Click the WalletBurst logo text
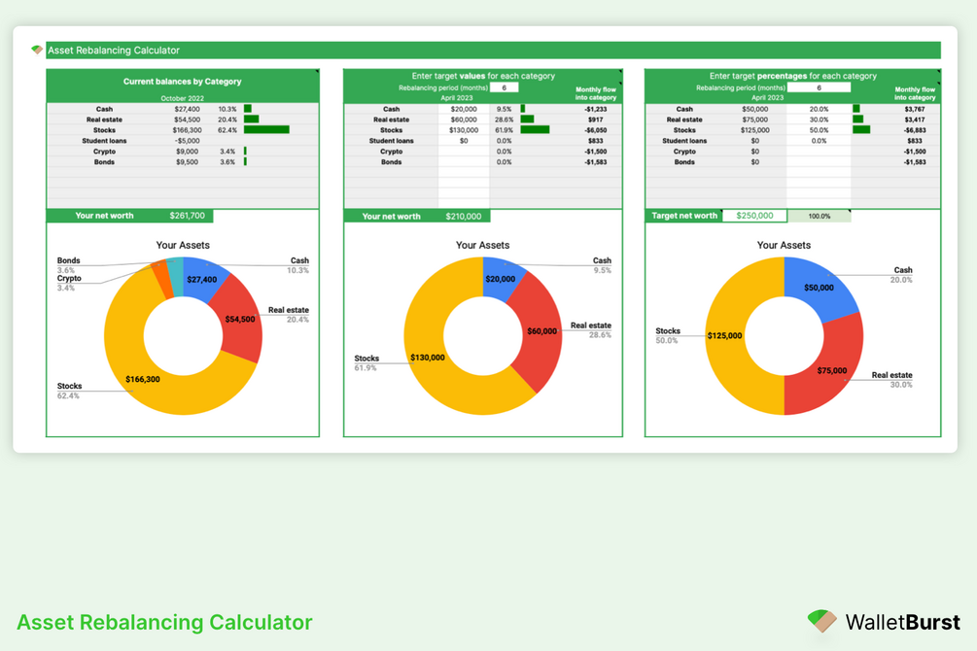pos(902,623)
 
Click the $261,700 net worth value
pos(188,216)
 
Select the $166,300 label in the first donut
pos(143,379)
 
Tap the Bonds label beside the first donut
pos(69,261)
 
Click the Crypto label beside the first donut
pos(69,279)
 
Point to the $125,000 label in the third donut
pos(724,336)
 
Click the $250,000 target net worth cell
pos(754,216)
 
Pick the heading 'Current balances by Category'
pos(183,82)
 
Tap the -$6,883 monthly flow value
pos(915,130)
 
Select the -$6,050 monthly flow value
pos(596,130)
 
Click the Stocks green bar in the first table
pos(266,130)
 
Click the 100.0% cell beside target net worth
pos(820,216)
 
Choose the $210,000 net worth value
pos(464,216)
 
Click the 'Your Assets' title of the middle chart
pos(483,246)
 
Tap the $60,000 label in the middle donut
pos(542,331)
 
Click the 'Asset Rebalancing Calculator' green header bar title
pos(114,51)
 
